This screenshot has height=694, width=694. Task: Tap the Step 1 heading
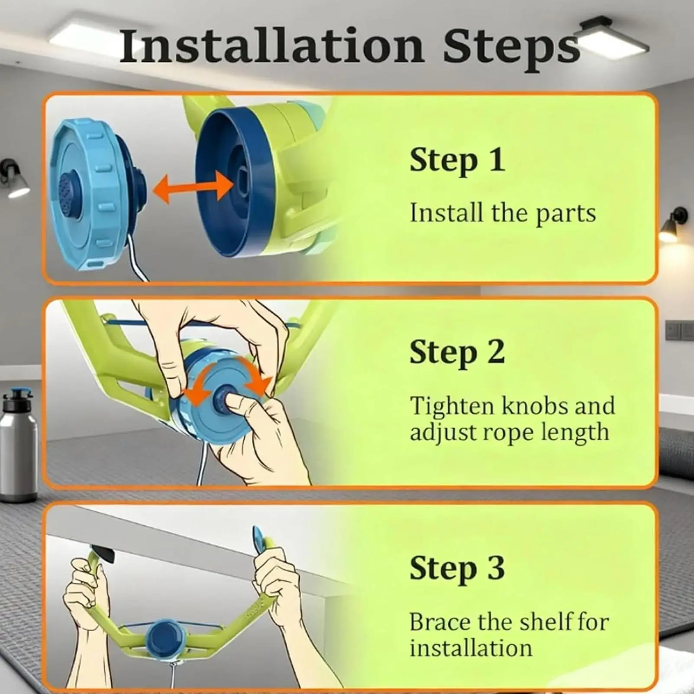click(x=457, y=160)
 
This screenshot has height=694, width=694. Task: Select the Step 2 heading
click(x=457, y=352)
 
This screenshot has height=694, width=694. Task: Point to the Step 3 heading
click(x=457, y=568)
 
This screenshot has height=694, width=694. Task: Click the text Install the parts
click(x=503, y=213)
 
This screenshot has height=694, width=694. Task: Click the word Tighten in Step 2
click(x=452, y=407)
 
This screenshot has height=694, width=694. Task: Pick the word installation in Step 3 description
click(x=471, y=648)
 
